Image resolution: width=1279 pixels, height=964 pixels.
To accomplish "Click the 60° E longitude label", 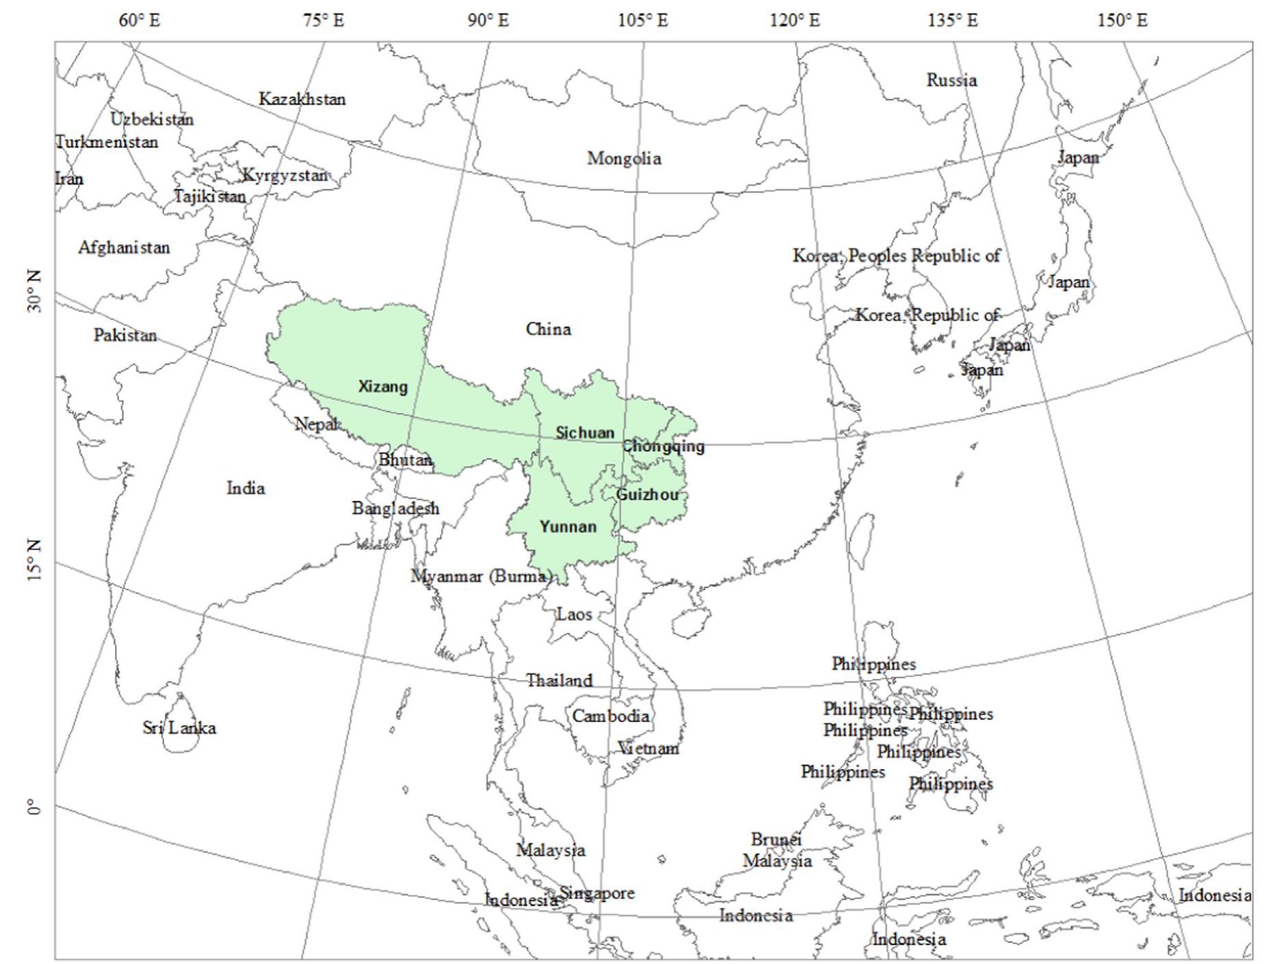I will pos(139,21).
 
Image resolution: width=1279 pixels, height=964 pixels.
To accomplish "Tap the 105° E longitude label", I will pos(642,21).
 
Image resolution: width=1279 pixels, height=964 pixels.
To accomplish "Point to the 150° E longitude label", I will pos(1122,21).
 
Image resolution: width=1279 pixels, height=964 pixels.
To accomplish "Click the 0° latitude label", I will pos(34,809).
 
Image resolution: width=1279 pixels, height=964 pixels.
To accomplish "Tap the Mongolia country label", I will pos(624,159).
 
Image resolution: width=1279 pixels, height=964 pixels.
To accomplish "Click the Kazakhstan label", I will pos(302,99).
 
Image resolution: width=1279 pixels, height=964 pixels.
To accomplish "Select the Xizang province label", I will pos(383,387).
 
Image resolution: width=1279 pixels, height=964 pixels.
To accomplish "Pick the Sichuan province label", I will pos(585,433).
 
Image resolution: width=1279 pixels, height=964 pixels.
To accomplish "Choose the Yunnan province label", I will pos(568,527).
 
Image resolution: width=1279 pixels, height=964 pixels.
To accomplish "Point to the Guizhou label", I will pos(648,494).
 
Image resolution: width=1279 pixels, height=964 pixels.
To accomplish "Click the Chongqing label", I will pos(663,446).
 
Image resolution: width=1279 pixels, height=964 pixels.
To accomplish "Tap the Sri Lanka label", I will pos(179,727).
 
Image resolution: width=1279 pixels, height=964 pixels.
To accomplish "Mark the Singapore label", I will pos(597,893).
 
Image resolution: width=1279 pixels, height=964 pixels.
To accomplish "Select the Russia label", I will pos(951,80).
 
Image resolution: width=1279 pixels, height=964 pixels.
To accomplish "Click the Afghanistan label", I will pos(124,247).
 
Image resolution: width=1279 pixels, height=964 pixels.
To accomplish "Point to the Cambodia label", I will pos(611,716).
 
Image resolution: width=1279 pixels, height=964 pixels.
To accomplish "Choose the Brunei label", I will pos(776,839).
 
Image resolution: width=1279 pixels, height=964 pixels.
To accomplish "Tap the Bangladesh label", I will pos(395,509).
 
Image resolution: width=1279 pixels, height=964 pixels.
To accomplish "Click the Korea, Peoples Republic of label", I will pos(896,256).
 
